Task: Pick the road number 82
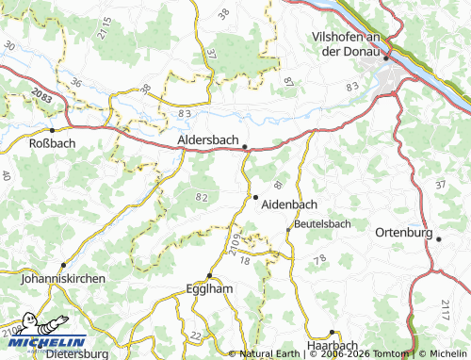[201, 196]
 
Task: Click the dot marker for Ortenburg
[439, 239]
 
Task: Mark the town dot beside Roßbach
[53, 130]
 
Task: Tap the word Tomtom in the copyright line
[392, 353]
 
